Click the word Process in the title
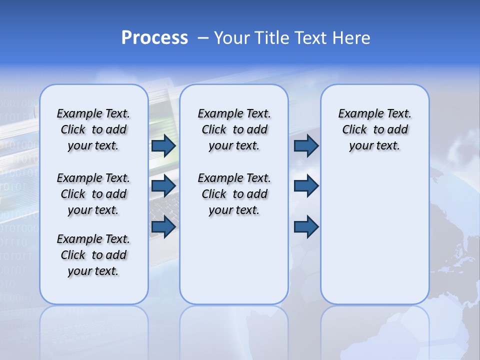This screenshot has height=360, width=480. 154,38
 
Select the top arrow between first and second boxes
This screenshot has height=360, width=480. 163,145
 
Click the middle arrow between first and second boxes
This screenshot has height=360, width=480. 163,186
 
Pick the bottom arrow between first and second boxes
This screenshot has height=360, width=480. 163,227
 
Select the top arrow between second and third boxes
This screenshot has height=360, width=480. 306,145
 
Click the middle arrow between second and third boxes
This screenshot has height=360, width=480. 306,186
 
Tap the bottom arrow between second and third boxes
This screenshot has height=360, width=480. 306,227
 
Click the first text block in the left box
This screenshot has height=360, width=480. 93,129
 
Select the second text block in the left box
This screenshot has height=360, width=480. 93,194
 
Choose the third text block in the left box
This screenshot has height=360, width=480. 93,255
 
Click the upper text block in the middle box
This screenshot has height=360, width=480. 234,129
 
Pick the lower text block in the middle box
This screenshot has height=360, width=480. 234,194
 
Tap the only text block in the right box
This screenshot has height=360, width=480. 375,129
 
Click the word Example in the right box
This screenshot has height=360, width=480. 356,113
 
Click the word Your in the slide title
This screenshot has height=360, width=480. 232,38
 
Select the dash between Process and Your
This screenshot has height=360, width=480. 203,38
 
